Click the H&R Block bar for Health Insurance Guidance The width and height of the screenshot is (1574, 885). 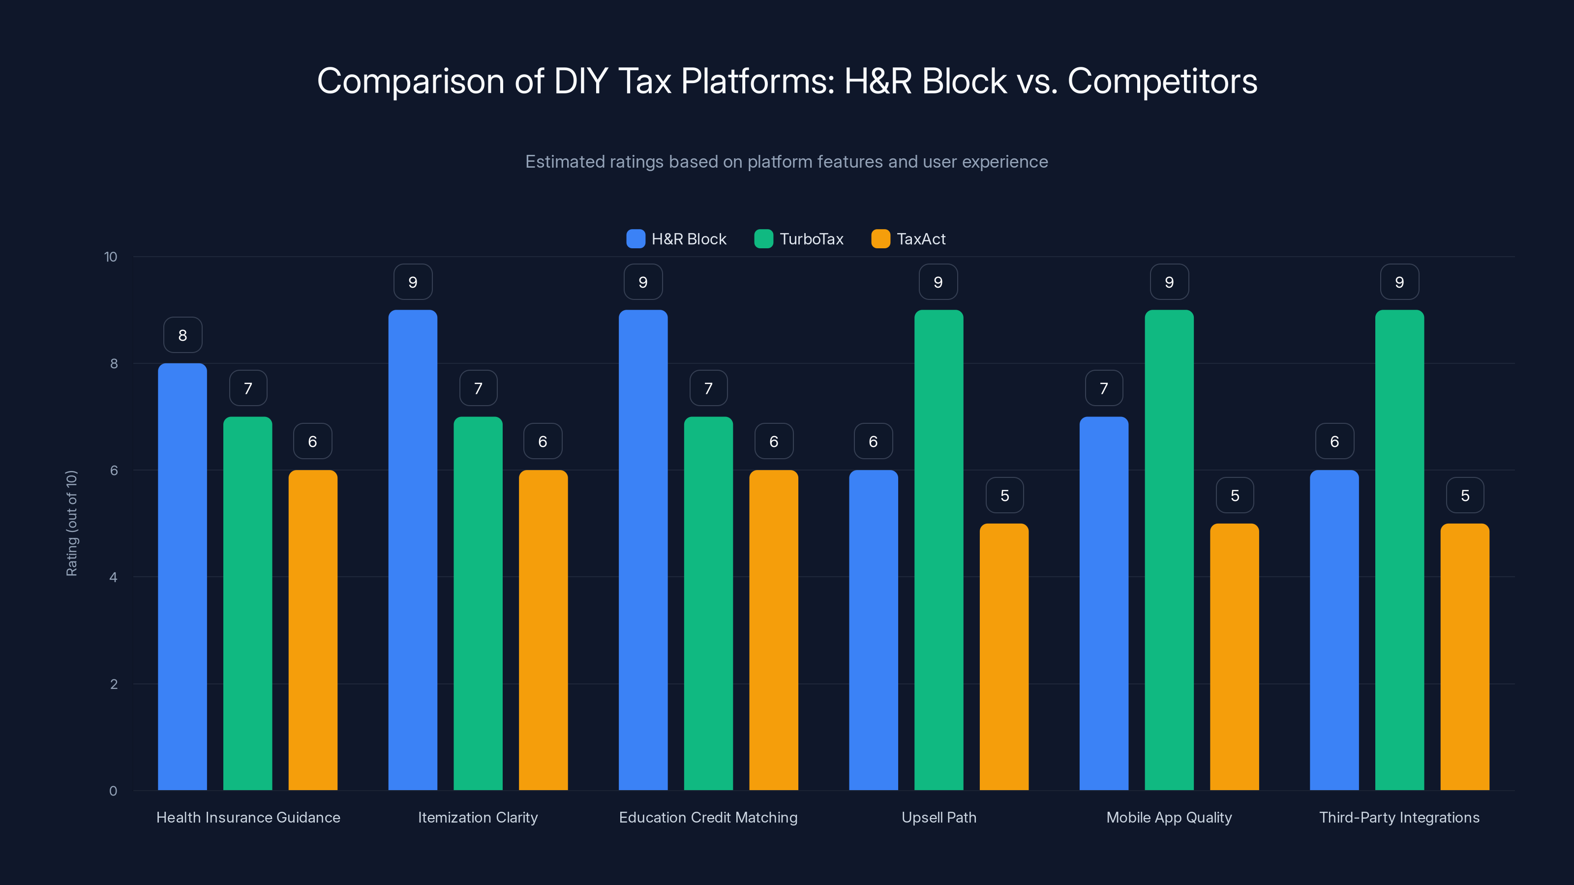click(x=182, y=577)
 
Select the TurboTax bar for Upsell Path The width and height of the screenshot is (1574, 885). click(x=938, y=550)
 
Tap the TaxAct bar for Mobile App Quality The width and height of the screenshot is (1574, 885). click(x=1234, y=656)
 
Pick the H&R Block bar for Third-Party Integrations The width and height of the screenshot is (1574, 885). click(x=1334, y=630)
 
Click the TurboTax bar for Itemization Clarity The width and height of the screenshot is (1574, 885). click(x=478, y=603)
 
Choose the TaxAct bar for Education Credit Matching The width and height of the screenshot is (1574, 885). click(x=774, y=630)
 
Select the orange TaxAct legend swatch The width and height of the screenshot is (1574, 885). click(x=880, y=239)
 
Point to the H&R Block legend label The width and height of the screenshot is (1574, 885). click(x=689, y=239)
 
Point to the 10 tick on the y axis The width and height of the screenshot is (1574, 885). click(x=111, y=257)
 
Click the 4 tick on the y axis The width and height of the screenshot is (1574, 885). click(x=113, y=577)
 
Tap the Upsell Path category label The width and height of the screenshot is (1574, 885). click(x=938, y=817)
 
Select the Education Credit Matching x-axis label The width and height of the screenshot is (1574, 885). click(x=708, y=817)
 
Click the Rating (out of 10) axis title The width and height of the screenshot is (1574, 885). click(x=71, y=523)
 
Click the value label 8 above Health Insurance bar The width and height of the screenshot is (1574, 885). click(x=182, y=335)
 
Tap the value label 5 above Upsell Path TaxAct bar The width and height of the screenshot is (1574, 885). click(x=1004, y=495)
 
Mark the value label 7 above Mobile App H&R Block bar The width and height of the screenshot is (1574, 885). click(x=1103, y=388)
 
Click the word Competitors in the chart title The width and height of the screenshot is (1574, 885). click(x=1162, y=81)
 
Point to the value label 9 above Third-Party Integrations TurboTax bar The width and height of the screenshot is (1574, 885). click(x=1399, y=282)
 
